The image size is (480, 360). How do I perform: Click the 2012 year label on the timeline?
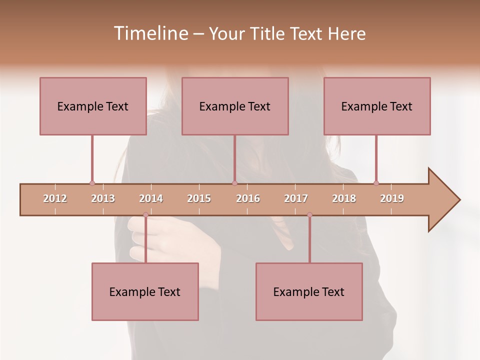pyautogui.click(x=55, y=198)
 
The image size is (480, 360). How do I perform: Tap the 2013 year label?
pyautogui.click(x=103, y=198)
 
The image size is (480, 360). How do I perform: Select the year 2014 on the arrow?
pyautogui.click(x=151, y=198)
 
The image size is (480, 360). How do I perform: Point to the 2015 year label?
pyautogui.click(x=199, y=198)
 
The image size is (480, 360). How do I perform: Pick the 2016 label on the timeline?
pyautogui.click(x=248, y=198)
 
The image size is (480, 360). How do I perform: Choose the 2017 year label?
pyautogui.click(x=296, y=198)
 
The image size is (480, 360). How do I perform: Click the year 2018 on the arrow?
pyautogui.click(x=344, y=198)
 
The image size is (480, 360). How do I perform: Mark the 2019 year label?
pyautogui.click(x=392, y=198)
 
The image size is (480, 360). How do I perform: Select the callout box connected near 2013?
pyautogui.click(x=93, y=106)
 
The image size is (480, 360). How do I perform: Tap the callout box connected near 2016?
pyautogui.click(x=235, y=106)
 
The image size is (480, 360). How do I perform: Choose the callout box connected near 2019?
pyautogui.click(x=377, y=106)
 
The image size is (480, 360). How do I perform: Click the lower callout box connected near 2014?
pyautogui.click(x=145, y=291)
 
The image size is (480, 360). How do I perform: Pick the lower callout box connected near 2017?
pyautogui.click(x=309, y=291)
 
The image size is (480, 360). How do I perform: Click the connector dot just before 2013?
pyautogui.click(x=92, y=183)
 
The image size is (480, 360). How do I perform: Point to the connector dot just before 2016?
pyautogui.click(x=234, y=183)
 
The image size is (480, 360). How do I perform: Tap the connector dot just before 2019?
pyautogui.click(x=376, y=183)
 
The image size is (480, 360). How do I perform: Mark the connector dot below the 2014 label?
pyautogui.click(x=145, y=214)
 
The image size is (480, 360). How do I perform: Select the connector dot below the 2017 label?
pyautogui.click(x=309, y=214)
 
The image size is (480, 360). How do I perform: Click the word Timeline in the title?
pyautogui.click(x=150, y=33)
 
